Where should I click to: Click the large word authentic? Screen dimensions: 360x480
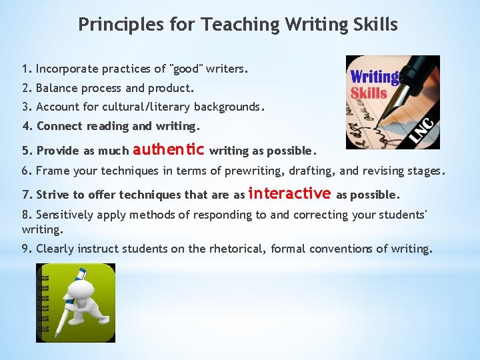click(173, 149)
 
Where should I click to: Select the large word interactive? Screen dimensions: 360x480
click(289, 193)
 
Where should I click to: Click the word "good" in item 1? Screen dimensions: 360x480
click(188, 69)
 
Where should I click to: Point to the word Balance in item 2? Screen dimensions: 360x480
click(57, 88)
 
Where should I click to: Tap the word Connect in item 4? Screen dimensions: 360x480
click(57, 126)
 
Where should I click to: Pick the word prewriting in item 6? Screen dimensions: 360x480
click(255, 171)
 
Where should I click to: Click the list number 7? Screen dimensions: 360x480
click(26, 195)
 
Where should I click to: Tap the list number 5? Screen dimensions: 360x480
click(26, 151)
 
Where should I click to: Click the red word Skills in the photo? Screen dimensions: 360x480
click(369, 93)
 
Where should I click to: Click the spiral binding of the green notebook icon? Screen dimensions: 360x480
click(43, 303)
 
